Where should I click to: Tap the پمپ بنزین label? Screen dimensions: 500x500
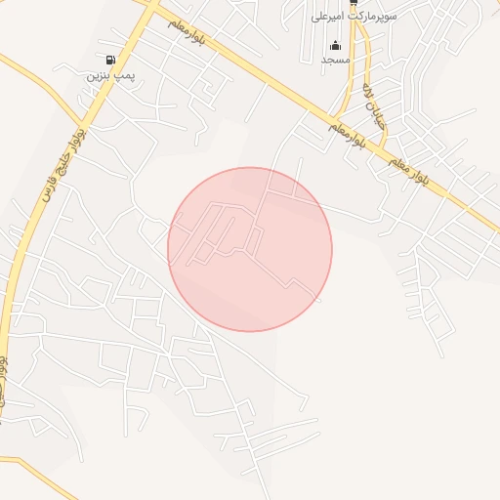[x=109, y=73]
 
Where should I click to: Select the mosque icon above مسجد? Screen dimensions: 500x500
[x=336, y=45]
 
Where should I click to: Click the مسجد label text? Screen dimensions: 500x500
[x=336, y=60]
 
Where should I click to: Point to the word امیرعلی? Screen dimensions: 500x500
[x=327, y=17]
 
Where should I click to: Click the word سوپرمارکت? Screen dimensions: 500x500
[x=368, y=17]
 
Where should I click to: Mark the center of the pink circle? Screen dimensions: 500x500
[x=250, y=249]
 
